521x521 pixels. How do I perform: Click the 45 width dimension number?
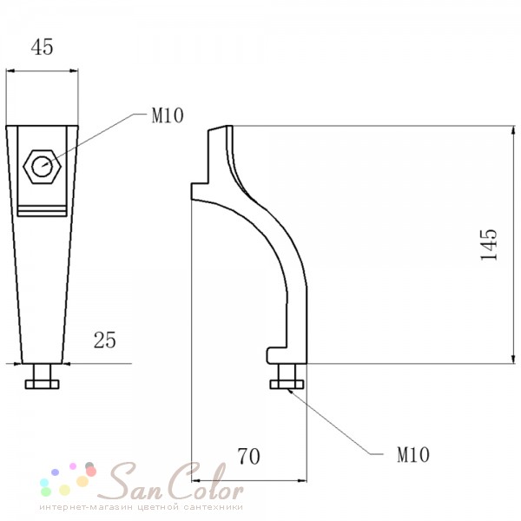point(42,47)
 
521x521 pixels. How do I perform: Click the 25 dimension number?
point(105,340)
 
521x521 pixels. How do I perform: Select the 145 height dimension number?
point(489,245)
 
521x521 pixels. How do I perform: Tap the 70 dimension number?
point(248,456)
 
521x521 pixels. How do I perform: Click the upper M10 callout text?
point(168,115)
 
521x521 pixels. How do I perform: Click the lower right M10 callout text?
point(413,454)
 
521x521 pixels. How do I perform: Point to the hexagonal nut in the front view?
point(43,167)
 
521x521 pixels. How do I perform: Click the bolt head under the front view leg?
point(43,384)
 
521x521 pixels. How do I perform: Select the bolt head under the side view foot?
point(287,384)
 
